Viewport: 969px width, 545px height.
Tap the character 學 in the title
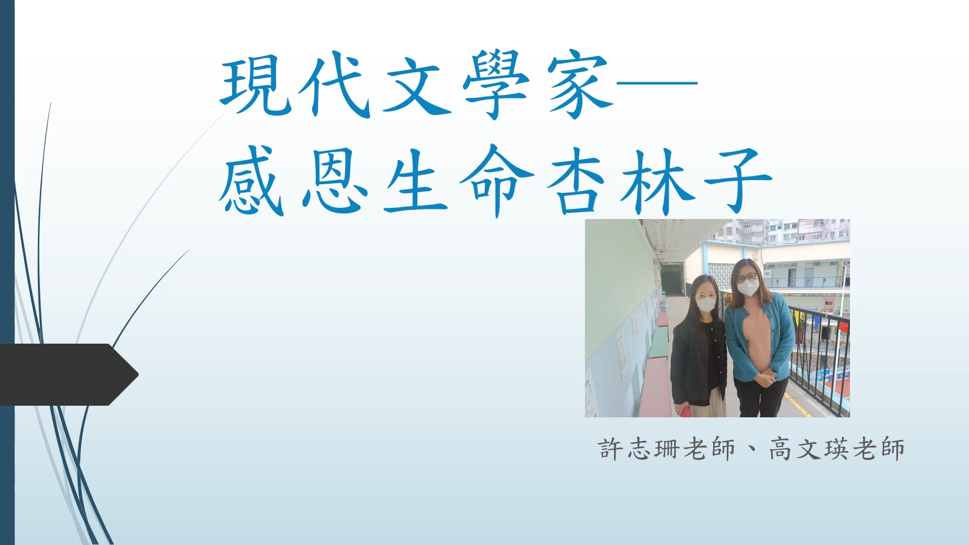pos(497,84)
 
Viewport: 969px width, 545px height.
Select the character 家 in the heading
pos(580,85)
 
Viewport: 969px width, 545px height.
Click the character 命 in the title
pos(497,181)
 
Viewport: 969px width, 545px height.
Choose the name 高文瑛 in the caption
pos(810,449)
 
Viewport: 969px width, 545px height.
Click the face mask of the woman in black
pos(706,304)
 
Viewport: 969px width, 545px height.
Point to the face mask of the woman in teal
pos(748,288)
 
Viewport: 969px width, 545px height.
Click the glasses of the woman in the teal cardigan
pos(746,277)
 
